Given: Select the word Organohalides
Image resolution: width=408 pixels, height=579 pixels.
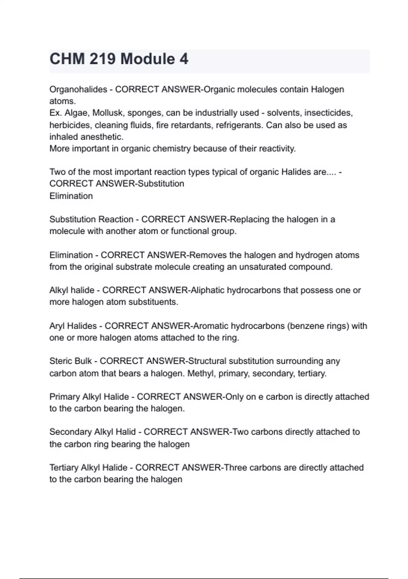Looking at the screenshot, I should pyautogui.click(x=78, y=89).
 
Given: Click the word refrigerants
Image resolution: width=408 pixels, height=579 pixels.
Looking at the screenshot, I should pyautogui.click(x=239, y=125).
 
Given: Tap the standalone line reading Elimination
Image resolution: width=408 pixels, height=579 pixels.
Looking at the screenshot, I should pyautogui.click(x=71, y=196).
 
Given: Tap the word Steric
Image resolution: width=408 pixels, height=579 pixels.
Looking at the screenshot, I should pyautogui.click(x=60, y=361).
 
